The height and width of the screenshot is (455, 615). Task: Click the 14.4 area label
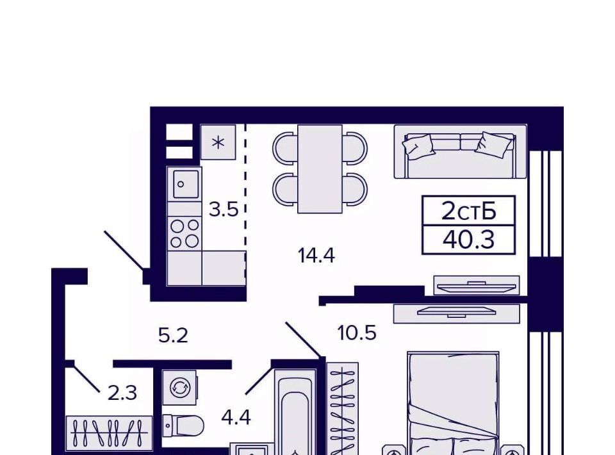coord(316,256)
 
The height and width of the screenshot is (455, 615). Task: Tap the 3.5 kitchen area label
coord(223,210)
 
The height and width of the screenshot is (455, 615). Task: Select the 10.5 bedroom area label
coord(357,333)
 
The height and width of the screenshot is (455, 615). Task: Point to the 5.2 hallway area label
coord(173,336)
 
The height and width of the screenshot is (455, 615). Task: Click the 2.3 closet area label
coord(122,393)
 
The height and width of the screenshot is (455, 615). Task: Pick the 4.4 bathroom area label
coord(236,417)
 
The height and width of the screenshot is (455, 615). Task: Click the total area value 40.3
coord(469,240)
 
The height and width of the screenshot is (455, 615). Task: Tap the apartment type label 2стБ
coord(469,211)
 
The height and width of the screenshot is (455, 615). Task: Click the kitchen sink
coord(184,185)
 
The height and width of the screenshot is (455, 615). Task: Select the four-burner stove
coord(184,233)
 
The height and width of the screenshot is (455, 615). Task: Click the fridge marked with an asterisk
coord(218,142)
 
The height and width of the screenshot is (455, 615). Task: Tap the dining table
coord(320,169)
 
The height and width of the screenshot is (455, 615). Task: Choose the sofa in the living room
coord(461,152)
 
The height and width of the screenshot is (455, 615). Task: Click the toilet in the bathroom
coord(183,426)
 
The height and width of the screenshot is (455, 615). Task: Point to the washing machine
coord(179,388)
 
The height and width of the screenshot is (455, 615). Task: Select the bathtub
coord(295,412)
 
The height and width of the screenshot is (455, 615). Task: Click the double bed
coord(454,403)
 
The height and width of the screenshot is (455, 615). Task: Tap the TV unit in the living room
coord(477,286)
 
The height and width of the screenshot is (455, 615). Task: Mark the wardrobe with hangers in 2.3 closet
coord(109,433)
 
